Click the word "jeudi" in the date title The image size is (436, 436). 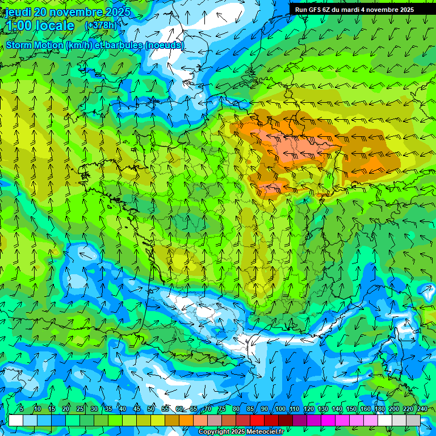click(x=18, y=12)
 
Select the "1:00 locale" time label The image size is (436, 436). click(x=40, y=26)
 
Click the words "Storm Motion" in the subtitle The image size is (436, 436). click(x=35, y=45)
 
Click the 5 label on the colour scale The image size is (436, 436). click(x=21, y=409)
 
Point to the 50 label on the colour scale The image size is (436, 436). click(x=151, y=409)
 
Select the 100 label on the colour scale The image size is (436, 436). click(x=280, y=409)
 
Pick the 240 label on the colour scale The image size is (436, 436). click(x=422, y=409)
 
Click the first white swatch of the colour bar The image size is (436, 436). click(x=16, y=420)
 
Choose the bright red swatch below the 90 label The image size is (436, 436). click(x=257, y=420)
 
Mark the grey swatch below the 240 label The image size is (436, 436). click(x=413, y=420)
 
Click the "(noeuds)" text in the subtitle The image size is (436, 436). click(x=165, y=45)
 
